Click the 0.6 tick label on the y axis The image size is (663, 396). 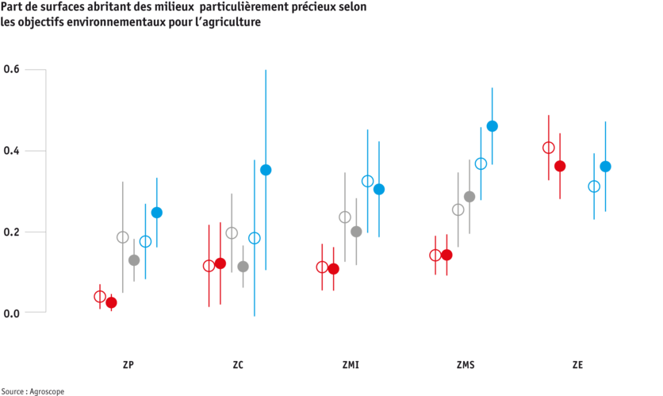point(11,71)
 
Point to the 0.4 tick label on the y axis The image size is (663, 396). point(11,151)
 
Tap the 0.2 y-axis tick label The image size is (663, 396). point(11,232)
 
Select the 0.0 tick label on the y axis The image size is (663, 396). point(11,313)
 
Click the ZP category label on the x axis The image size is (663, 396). point(128,365)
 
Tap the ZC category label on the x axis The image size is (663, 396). point(237,365)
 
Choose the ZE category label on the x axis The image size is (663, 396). point(577,365)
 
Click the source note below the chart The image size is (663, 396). point(32,390)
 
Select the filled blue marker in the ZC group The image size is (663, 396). point(266,170)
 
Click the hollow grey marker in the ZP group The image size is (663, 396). point(122,236)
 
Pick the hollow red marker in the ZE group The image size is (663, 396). point(548,148)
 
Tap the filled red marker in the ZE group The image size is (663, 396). point(560,166)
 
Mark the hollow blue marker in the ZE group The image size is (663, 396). point(594,186)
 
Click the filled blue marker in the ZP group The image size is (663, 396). point(156,212)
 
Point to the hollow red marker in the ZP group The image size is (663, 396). point(99,296)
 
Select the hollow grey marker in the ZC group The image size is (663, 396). point(232,233)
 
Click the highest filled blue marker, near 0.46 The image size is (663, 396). point(492,125)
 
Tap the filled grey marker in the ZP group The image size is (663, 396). point(134,260)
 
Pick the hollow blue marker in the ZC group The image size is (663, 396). point(254,237)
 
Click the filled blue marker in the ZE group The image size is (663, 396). point(605,166)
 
